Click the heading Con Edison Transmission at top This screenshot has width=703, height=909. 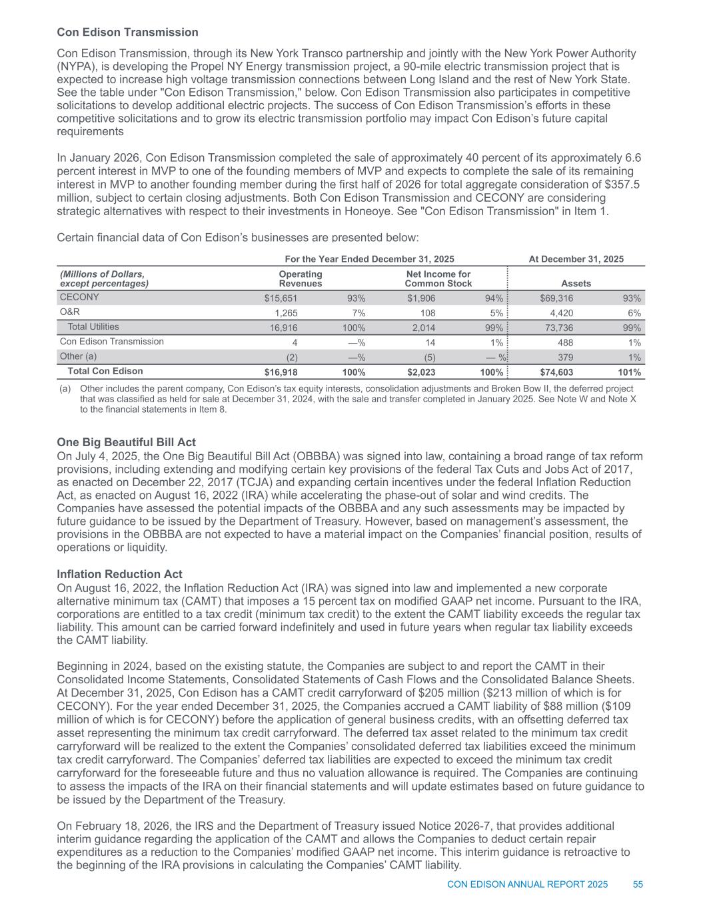pyautogui.click(x=127, y=32)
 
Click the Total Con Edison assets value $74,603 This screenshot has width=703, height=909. pyautogui.click(x=556, y=372)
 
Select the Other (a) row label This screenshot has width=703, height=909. pyautogui.click(x=79, y=356)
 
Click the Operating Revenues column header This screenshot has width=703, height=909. pyautogui.click(x=300, y=278)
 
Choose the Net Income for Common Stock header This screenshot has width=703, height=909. pyautogui.click(x=438, y=278)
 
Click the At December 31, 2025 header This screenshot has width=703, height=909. pyautogui.click(x=576, y=258)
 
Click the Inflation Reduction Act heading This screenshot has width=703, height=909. pyautogui.click(x=120, y=574)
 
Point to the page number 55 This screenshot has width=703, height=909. pyautogui.click(x=638, y=884)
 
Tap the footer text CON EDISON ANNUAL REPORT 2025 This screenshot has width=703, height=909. pyautogui.click(x=527, y=884)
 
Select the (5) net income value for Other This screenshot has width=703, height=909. pyautogui.click(x=430, y=358)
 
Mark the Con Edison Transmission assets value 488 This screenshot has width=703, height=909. pyautogui.click(x=564, y=342)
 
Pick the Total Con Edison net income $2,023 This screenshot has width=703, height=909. pyautogui.click(x=421, y=372)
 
